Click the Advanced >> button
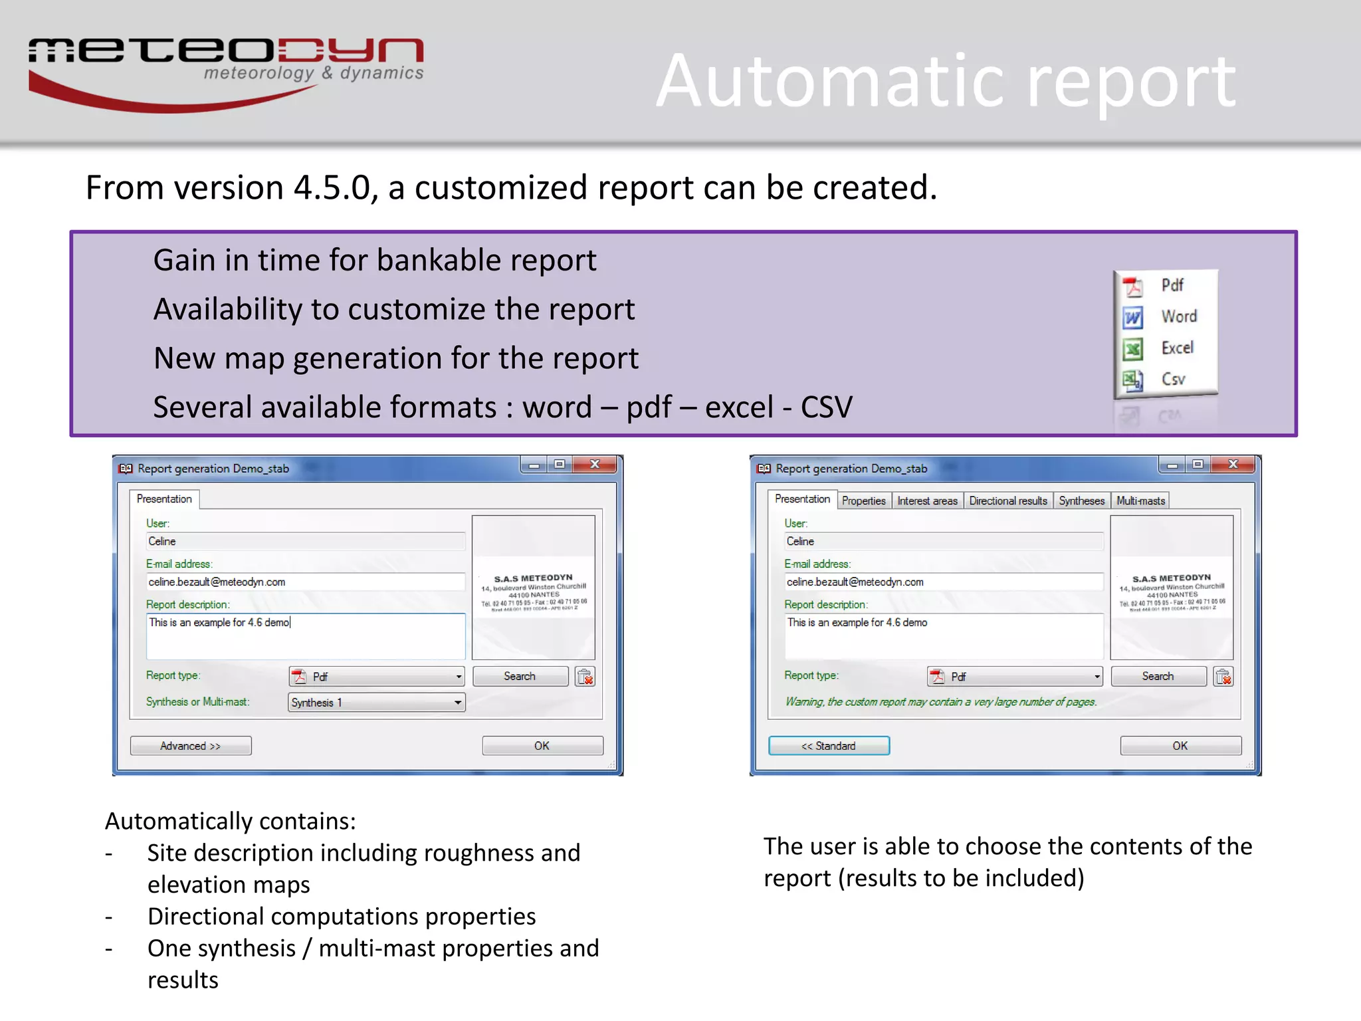coord(191,746)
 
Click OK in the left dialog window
coord(542,746)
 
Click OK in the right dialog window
coord(1180,746)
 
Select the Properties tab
coord(863,501)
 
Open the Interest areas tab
coord(927,501)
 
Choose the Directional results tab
coord(1007,501)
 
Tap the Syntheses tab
coord(1081,501)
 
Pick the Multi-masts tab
coord(1140,501)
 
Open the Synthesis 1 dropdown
coord(376,703)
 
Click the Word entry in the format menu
coord(1178,316)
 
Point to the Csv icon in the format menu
coord(1132,380)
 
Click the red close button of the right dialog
coord(1233,465)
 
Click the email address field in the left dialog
coord(305,582)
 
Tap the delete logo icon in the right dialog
coord(1223,677)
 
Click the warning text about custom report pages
coord(940,702)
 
